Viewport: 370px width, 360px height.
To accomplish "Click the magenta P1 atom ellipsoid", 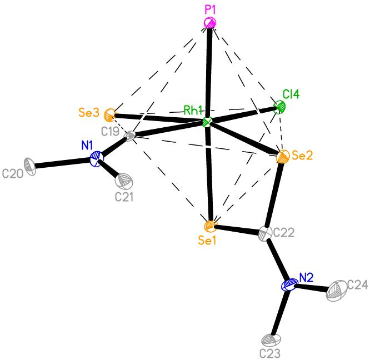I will tap(210, 23).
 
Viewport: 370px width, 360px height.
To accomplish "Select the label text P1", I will tap(211, 9).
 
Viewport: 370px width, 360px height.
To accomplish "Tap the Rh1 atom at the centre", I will tap(207, 122).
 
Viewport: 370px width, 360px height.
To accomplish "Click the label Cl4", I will tap(292, 95).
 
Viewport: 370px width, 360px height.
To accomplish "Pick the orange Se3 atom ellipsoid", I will tap(110, 116).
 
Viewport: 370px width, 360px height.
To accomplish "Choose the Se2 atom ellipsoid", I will tap(282, 156).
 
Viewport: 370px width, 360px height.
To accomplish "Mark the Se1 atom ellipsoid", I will tap(210, 226).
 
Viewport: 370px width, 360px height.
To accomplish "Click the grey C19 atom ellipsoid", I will tap(130, 136).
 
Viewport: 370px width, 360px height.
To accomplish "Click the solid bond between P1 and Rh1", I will tap(208, 72).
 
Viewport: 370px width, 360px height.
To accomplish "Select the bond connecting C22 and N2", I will tap(277, 259).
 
